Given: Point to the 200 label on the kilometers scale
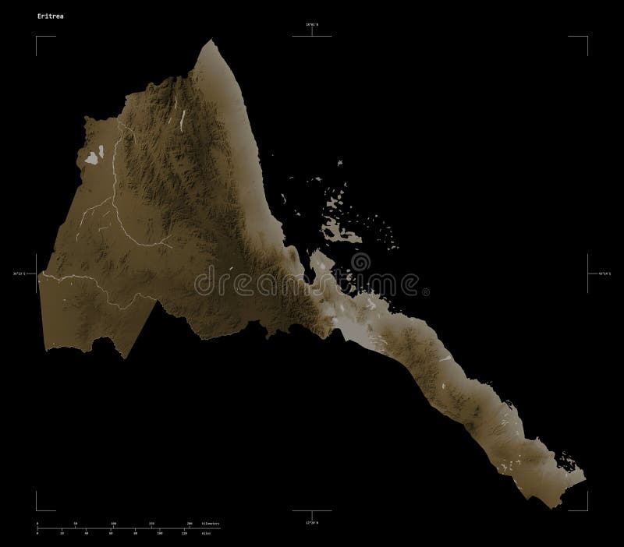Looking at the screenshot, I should pos(190,523).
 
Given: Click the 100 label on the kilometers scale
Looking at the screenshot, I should pos(114,523).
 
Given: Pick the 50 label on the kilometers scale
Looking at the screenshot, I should pos(76,523).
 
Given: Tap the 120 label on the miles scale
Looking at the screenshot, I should pos(184,534).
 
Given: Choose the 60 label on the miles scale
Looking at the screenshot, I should pos(111,534).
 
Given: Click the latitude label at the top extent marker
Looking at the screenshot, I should pos(313,27).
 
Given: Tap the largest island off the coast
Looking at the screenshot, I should pos(342,231).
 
